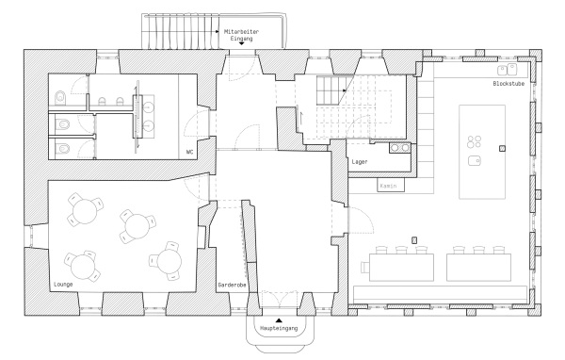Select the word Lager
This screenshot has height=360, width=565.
(x=359, y=163)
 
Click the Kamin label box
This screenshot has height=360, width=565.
(x=387, y=185)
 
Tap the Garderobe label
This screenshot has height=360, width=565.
(x=232, y=283)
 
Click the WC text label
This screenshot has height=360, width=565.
(x=189, y=151)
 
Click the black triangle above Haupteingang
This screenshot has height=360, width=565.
(x=278, y=319)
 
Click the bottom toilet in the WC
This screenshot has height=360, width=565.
(x=61, y=147)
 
